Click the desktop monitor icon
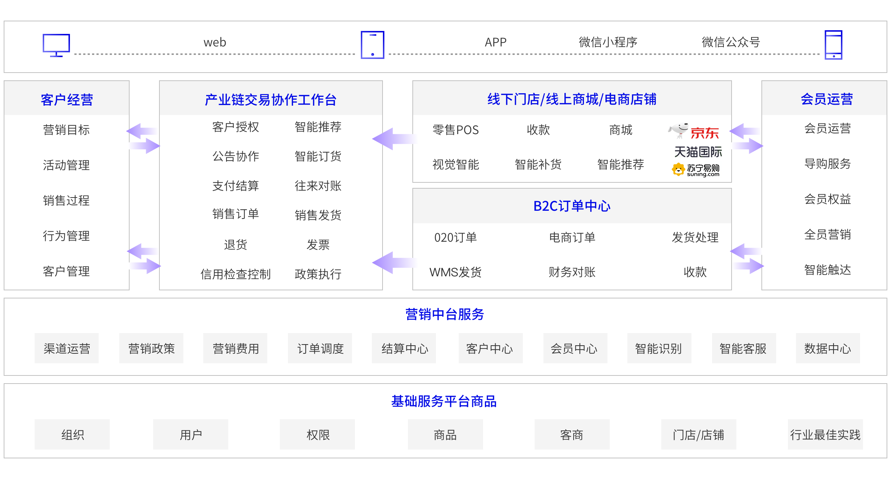pyautogui.click(x=56, y=45)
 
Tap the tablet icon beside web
pyautogui.click(x=372, y=45)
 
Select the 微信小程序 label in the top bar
pyautogui.click(x=608, y=42)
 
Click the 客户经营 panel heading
pyautogui.click(x=67, y=99)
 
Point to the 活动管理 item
pyautogui.click(x=66, y=165)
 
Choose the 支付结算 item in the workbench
pyautogui.click(x=236, y=186)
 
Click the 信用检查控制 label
pyautogui.click(x=236, y=274)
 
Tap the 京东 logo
pyautogui.click(x=695, y=132)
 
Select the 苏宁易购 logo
pyautogui.click(x=695, y=170)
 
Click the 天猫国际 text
pyautogui.click(x=698, y=152)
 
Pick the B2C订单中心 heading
pyautogui.click(x=572, y=206)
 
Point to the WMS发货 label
pyautogui.click(x=455, y=272)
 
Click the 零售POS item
pyautogui.click(x=455, y=130)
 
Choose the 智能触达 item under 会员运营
pyautogui.click(x=827, y=270)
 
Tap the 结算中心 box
pyautogui.click(x=404, y=348)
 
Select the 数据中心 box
pyautogui.click(x=828, y=348)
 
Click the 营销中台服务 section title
pyautogui.click(x=444, y=314)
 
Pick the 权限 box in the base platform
pyautogui.click(x=317, y=434)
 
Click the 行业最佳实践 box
pyautogui.click(x=825, y=434)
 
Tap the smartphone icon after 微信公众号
pyautogui.click(x=833, y=45)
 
